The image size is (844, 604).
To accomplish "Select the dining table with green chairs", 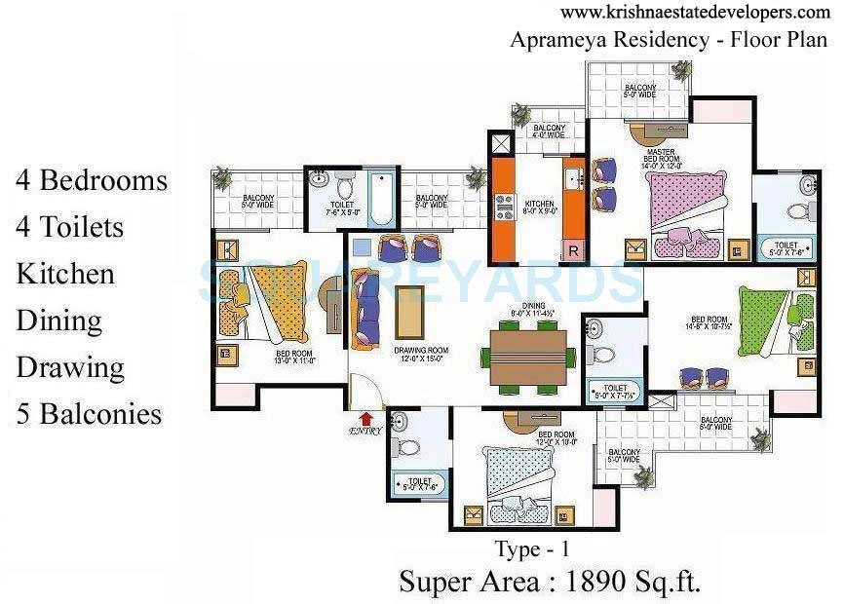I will point(528,357).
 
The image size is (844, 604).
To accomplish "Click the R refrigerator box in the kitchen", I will point(574,250).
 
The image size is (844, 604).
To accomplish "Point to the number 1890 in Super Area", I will point(595,582).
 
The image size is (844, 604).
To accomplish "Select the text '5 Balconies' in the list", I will point(89,414).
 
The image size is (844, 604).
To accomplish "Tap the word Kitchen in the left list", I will point(65,274).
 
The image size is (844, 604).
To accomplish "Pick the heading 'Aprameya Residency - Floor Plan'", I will point(668,41).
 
